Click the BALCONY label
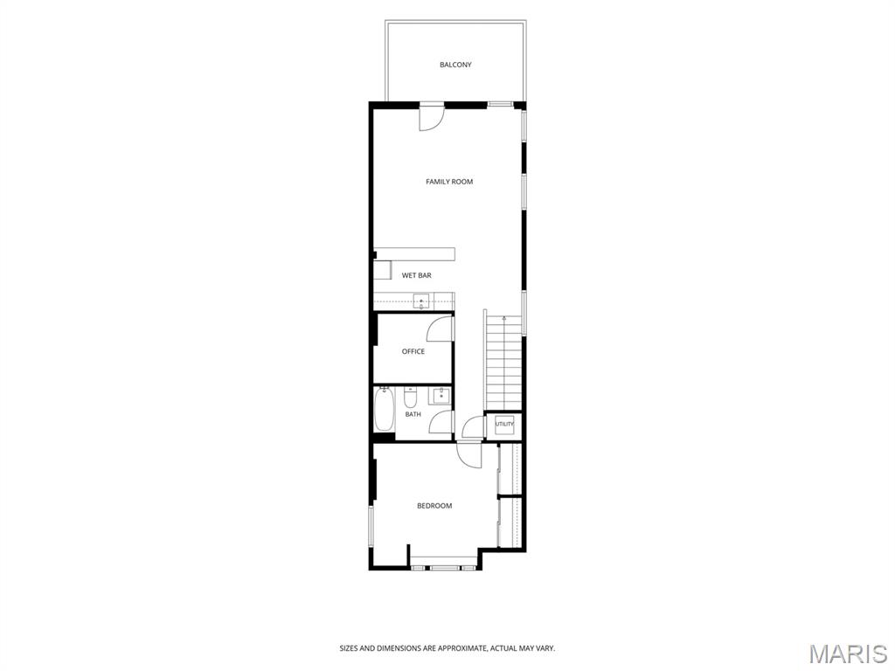coord(455,65)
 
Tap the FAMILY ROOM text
coord(449,182)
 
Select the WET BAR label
coord(417,275)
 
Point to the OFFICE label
coord(413,351)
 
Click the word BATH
coord(413,414)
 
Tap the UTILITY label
coord(504,424)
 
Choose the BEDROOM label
coord(434,506)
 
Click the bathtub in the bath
coord(385,409)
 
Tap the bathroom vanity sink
coord(441,395)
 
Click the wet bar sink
coord(422,301)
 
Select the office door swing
coord(441,329)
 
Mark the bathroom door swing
coord(441,422)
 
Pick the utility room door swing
coord(473,427)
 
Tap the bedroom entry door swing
coord(469,454)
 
